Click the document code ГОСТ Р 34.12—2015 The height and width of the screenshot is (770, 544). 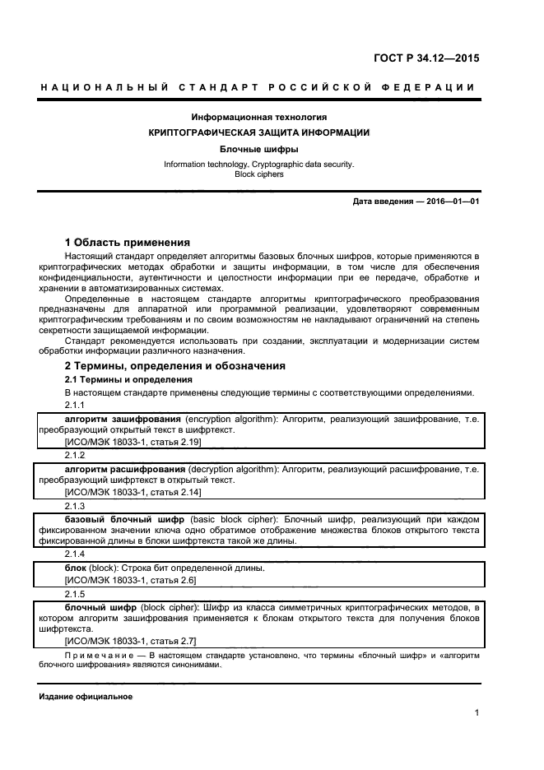(x=426, y=58)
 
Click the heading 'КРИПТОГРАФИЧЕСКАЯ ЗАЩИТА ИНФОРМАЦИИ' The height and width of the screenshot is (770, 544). (x=258, y=132)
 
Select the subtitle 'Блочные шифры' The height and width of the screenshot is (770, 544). (x=258, y=150)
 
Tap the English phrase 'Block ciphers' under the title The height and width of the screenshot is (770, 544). (x=258, y=174)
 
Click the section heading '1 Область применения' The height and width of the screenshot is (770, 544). (x=128, y=243)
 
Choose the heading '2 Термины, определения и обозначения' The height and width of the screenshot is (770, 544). (x=175, y=365)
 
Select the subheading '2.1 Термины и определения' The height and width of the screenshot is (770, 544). (x=128, y=379)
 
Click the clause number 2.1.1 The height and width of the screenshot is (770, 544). (x=75, y=406)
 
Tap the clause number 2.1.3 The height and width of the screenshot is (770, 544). (x=75, y=505)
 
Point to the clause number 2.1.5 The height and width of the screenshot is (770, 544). (x=75, y=593)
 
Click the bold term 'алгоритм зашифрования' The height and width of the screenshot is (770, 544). (x=111, y=419)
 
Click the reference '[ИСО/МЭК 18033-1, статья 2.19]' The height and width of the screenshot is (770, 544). (x=133, y=442)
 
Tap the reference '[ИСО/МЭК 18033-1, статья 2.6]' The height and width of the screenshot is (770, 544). (x=130, y=580)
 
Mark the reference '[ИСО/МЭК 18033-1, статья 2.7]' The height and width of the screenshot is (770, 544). (x=130, y=640)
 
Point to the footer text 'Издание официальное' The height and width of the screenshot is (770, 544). (x=86, y=697)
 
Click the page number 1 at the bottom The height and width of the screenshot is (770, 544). (x=477, y=713)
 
